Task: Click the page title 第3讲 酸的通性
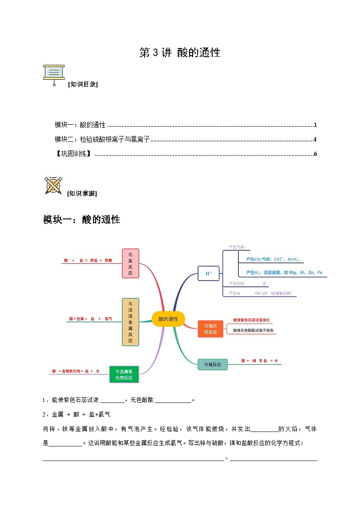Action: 180,53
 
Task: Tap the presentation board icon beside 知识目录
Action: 54,74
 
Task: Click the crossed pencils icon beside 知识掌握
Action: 53,185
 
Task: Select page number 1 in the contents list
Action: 315,125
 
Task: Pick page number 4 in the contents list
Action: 315,140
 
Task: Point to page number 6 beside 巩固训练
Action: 315,154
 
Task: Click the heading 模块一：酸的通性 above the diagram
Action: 82,220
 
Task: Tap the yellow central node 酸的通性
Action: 168,319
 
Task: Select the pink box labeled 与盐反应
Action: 131,263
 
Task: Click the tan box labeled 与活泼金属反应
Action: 131,322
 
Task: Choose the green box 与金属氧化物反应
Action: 124,374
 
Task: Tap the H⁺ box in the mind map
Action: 209,273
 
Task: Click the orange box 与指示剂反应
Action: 210,329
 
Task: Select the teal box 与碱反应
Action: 212,364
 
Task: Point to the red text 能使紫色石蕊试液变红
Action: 251,320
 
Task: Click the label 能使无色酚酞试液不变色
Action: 253,330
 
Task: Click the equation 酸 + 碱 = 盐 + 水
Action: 259,360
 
